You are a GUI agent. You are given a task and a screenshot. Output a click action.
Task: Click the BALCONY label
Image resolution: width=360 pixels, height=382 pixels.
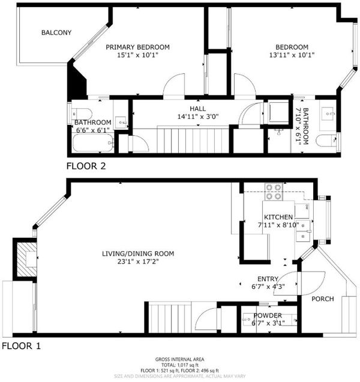click(x=56, y=32)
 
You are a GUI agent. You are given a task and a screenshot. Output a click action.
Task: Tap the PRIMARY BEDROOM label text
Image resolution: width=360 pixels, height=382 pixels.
click(x=137, y=47)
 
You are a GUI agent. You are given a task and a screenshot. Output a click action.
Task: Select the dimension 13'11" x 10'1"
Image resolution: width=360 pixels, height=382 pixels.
click(x=292, y=55)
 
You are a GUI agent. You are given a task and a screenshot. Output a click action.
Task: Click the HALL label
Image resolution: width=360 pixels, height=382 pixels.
click(x=197, y=108)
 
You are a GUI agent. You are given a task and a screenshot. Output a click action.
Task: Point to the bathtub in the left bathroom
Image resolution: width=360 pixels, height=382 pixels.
click(x=93, y=143)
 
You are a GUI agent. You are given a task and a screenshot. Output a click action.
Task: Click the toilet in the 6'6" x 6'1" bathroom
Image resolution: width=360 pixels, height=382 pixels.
click(x=82, y=114)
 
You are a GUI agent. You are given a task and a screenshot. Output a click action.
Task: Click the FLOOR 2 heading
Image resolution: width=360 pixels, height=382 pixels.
click(x=86, y=166)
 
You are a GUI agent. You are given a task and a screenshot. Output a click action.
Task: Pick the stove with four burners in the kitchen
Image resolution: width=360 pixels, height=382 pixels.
click(x=274, y=192)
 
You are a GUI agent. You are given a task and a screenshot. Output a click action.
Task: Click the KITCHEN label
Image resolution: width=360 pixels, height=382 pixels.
click(x=278, y=217)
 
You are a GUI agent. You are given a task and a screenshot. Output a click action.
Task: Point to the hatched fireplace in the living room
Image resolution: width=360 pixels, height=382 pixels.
click(x=27, y=259)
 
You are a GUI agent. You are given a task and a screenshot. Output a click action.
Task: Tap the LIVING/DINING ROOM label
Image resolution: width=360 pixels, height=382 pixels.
click(x=138, y=253)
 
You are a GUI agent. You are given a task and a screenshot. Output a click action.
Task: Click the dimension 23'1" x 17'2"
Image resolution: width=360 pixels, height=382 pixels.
click(x=138, y=262)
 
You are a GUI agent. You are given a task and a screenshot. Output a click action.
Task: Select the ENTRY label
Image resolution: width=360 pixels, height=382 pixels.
click(x=268, y=279)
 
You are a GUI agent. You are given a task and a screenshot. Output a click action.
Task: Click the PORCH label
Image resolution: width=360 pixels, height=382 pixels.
click(x=323, y=299)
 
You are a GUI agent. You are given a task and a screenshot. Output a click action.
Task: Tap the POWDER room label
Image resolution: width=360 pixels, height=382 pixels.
click(x=268, y=315)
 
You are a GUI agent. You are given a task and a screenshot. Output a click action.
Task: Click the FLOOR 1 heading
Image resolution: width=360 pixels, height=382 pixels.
click(x=21, y=346)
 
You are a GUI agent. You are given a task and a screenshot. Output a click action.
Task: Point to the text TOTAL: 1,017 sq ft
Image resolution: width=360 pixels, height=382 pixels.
click(x=180, y=365)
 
